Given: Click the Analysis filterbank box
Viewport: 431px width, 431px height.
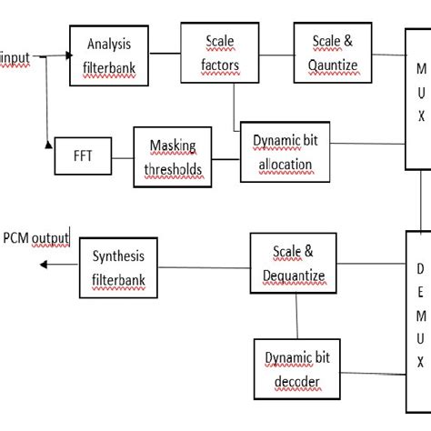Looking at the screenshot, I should (x=109, y=54).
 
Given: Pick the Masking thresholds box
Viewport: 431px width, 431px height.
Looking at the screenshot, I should (x=173, y=156).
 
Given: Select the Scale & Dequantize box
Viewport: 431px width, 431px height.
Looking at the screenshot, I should (x=299, y=262).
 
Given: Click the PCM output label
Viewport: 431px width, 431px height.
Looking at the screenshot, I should (x=35, y=238).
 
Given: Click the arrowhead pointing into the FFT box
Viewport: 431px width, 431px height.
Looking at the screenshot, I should (x=47, y=144).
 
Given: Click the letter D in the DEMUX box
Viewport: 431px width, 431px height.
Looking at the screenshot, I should (x=419, y=268).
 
